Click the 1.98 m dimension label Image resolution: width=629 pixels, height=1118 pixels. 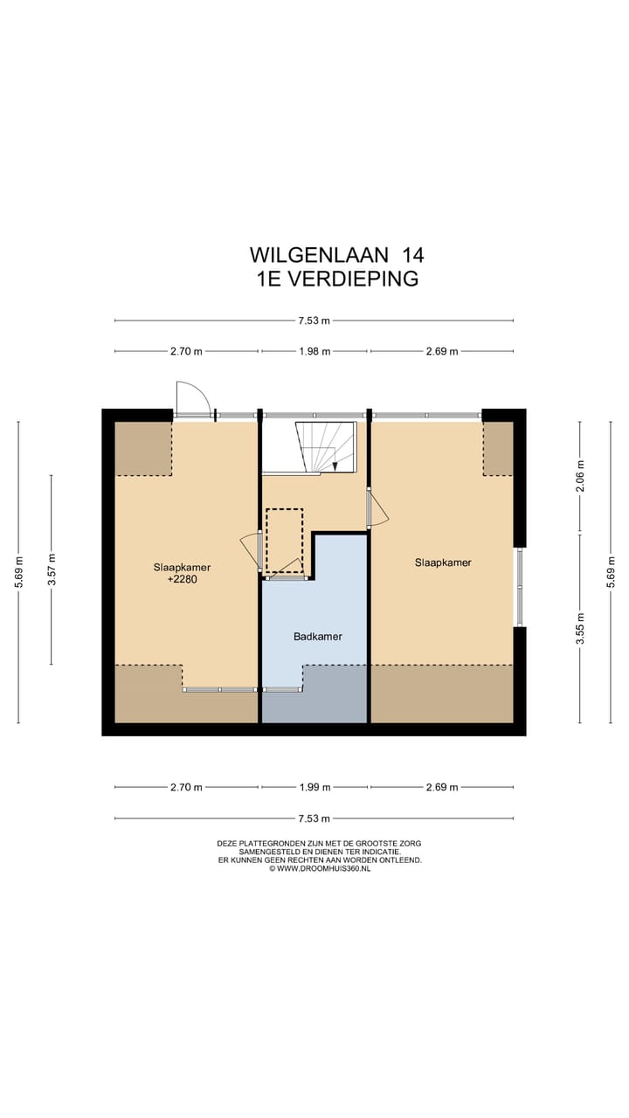click(x=314, y=351)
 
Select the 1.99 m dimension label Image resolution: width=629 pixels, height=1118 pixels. click(x=314, y=787)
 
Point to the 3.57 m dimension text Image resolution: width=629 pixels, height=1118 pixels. click(x=52, y=569)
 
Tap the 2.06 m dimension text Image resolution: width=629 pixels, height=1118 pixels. click(x=580, y=477)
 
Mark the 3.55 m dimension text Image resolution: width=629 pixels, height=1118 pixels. click(x=580, y=628)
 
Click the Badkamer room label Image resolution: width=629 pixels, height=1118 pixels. click(x=317, y=636)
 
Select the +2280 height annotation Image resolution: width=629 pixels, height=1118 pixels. click(x=182, y=578)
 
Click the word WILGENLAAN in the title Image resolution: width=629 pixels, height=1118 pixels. click(x=319, y=255)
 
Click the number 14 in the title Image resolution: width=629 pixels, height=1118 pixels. click(x=412, y=255)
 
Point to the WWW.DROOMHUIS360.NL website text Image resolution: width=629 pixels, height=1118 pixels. click(x=323, y=869)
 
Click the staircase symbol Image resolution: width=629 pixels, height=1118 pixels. click(x=327, y=447)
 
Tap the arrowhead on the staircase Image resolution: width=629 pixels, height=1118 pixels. click(x=335, y=466)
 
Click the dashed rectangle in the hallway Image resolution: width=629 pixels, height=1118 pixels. click(x=284, y=540)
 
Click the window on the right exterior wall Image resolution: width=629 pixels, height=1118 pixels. click(x=519, y=587)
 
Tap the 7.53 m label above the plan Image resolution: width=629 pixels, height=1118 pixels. click(x=314, y=321)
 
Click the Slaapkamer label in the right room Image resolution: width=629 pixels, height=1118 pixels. click(x=443, y=562)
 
